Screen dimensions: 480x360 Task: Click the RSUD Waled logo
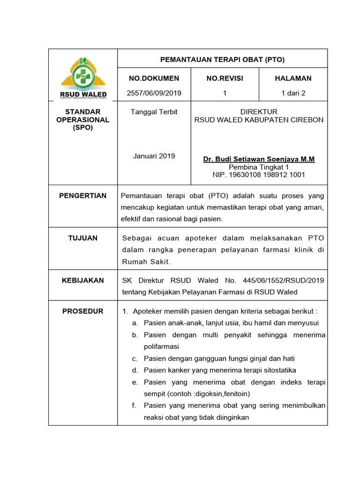pos(83,77)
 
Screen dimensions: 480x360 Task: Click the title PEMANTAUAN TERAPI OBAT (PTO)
pos(223,60)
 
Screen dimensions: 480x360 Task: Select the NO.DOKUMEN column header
pos(154,78)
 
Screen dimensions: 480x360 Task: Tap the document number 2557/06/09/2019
pos(154,93)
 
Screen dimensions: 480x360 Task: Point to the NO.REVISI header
pos(225,78)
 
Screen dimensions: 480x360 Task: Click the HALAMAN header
pos(293,78)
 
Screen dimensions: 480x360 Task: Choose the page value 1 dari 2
pos(293,93)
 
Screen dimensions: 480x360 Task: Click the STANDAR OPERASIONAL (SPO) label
pos(83,120)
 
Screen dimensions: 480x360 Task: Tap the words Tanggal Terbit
pos(154,112)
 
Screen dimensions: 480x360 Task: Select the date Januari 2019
pos(154,156)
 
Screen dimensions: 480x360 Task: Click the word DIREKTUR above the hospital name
pos(259,112)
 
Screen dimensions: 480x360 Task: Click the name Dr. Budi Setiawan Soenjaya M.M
pos(259,159)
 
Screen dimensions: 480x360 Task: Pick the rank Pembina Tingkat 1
pos(259,167)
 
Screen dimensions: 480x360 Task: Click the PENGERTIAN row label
pos(83,195)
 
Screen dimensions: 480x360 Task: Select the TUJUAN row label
pos(83,238)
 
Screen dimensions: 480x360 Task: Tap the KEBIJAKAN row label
pos(83,280)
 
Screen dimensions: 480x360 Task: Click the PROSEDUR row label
pos(83,311)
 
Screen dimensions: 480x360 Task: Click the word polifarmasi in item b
pos(162,346)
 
